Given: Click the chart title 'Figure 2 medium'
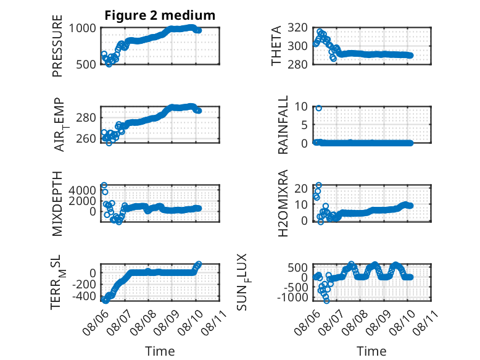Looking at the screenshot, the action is (160, 15).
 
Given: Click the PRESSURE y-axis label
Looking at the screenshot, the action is (57, 46).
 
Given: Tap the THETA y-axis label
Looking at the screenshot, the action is (276, 46).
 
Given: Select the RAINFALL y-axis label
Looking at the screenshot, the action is (283, 125).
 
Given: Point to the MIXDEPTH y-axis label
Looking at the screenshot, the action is (57, 204).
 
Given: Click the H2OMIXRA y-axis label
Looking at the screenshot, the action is (283, 203).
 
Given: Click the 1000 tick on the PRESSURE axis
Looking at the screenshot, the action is (82, 28).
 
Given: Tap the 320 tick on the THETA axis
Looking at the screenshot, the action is (298, 28).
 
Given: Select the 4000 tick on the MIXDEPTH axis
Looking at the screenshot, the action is (82, 190).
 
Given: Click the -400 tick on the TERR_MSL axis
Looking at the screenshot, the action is (84, 296).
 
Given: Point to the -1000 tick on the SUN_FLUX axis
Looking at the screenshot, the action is (292, 297).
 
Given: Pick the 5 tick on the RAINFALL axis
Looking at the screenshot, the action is (304, 125).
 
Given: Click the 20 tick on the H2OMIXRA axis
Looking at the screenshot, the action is (301, 188).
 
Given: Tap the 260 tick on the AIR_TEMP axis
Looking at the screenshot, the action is (86, 138).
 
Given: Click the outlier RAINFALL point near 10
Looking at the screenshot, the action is (319, 108).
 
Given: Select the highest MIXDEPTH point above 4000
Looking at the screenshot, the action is (104, 185).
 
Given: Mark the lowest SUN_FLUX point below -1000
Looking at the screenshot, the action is (326, 301).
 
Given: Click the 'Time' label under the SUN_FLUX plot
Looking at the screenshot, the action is (371, 351).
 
